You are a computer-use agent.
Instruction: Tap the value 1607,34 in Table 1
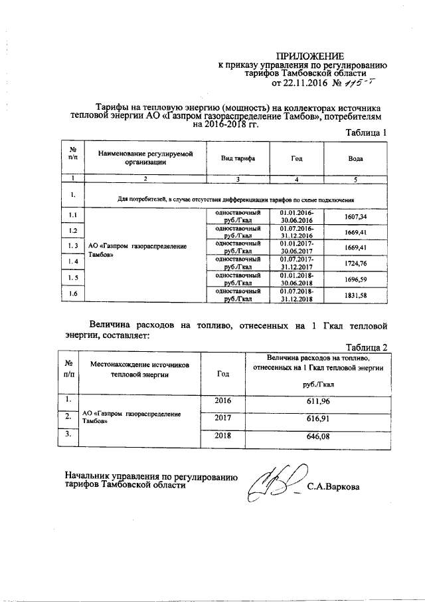pyautogui.click(x=356, y=217)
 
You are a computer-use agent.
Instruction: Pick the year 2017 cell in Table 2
pyautogui.click(x=223, y=419)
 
